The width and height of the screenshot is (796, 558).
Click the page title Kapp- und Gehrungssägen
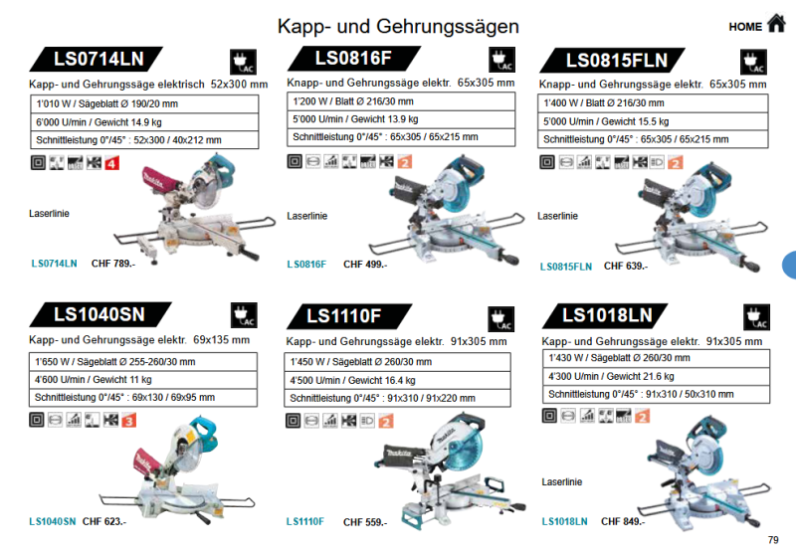[x=398, y=26]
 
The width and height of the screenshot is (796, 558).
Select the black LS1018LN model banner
[x=607, y=315]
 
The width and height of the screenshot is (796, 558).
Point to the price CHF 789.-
[x=112, y=264]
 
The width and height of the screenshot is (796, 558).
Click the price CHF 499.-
[x=365, y=265]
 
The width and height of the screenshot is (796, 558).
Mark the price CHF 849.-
[x=623, y=521]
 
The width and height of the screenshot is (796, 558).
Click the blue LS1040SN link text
[x=52, y=521]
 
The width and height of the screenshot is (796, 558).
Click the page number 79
[x=773, y=540]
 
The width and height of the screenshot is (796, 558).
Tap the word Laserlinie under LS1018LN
[x=561, y=481]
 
